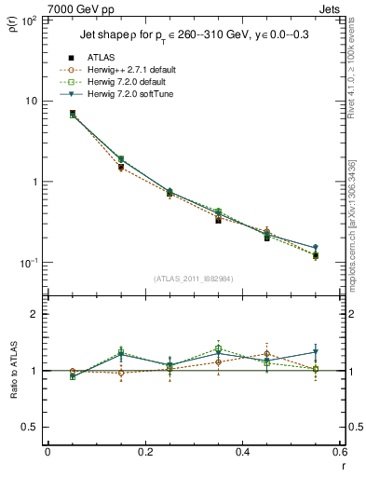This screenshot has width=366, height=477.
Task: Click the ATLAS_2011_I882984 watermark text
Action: click(193, 279)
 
